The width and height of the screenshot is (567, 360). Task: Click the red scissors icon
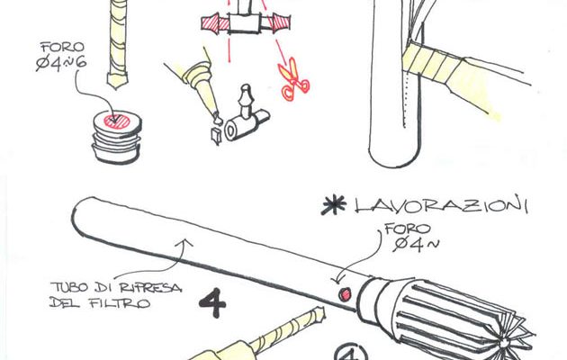tap(292, 80)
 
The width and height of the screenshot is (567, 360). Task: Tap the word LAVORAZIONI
tap(441, 205)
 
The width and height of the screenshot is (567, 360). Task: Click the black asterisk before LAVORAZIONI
tap(333, 205)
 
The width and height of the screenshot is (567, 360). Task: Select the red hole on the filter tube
tap(345, 294)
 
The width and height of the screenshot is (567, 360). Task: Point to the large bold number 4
tap(212, 303)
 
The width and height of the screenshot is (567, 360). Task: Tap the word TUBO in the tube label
tap(69, 287)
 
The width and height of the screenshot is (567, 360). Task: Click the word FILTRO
tap(120, 303)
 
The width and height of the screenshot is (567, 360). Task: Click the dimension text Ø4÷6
tap(61, 64)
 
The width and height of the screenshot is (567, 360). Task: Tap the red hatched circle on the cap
tap(117, 121)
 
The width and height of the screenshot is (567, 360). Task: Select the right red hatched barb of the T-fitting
tap(281, 22)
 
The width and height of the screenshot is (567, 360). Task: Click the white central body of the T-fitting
tap(244, 23)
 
